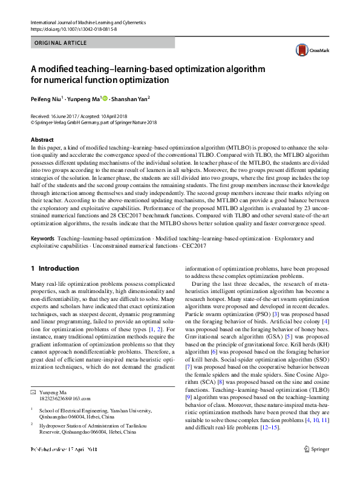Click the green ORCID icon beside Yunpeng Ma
(x=105, y=98)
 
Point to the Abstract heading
(x=42, y=139)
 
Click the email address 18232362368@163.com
(x=65, y=398)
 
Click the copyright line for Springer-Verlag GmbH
(x=94, y=121)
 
